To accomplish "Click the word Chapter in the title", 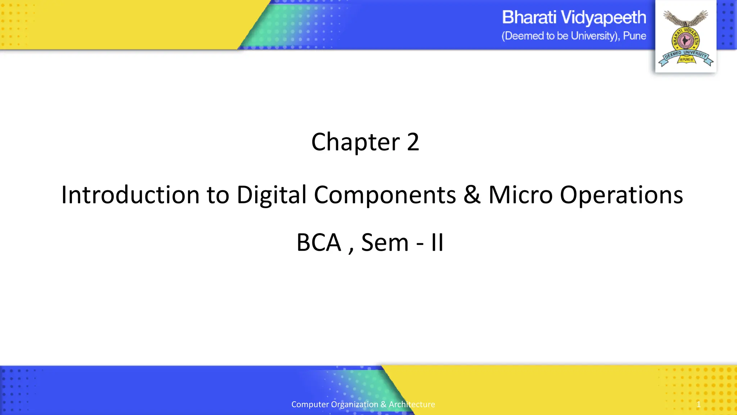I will (355, 142).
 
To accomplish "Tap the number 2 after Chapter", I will (413, 142).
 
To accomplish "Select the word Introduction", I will (130, 195).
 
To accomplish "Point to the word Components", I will (385, 195).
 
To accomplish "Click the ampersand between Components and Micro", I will (472, 195).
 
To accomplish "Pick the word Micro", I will (520, 195).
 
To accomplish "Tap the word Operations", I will (621, 195).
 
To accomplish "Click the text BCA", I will (318, 242).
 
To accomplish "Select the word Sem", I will (385, 242).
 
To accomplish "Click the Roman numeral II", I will (437, 242).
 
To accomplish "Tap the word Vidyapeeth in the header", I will (603, 18).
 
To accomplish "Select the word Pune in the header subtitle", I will (634, 36).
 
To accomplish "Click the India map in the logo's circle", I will (686, 41).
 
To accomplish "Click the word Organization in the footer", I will (354, 404).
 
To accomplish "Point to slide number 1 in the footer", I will (698, 404).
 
